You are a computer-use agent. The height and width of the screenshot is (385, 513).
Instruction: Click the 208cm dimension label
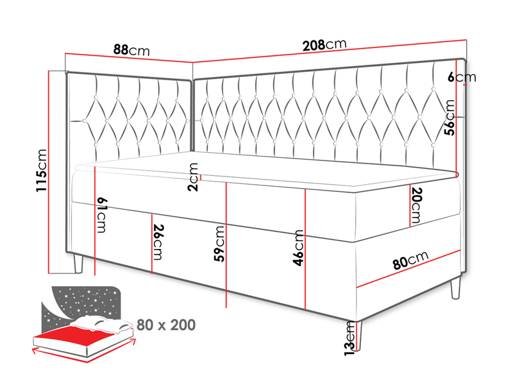(324, 45)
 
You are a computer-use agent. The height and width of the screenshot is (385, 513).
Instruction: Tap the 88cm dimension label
(131, 50)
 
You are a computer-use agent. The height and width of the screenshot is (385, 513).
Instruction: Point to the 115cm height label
(42, 170)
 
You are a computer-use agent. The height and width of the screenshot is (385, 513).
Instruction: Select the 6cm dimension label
(462, 77)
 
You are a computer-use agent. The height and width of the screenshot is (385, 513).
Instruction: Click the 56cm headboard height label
(450, 117)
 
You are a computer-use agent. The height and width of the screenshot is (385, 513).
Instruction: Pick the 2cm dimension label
(193, 177)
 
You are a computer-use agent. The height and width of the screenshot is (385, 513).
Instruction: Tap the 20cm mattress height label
(416, 205)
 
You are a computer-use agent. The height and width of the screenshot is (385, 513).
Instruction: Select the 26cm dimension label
(158, 243)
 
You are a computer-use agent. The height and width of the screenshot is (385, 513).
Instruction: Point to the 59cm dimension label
(219, 244)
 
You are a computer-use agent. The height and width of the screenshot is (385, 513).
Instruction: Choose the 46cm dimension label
(298, 248)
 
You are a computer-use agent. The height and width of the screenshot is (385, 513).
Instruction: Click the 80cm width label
(410, 261)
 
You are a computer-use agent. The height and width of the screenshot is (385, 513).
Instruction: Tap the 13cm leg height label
(349, 338)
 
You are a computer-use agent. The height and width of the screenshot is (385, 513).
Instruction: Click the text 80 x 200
(166, 325)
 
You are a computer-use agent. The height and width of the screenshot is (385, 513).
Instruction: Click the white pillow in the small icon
(101, 324)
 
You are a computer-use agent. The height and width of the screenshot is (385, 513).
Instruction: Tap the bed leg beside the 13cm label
(358, 336)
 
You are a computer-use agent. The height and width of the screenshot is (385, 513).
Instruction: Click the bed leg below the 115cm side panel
(78, 264)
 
